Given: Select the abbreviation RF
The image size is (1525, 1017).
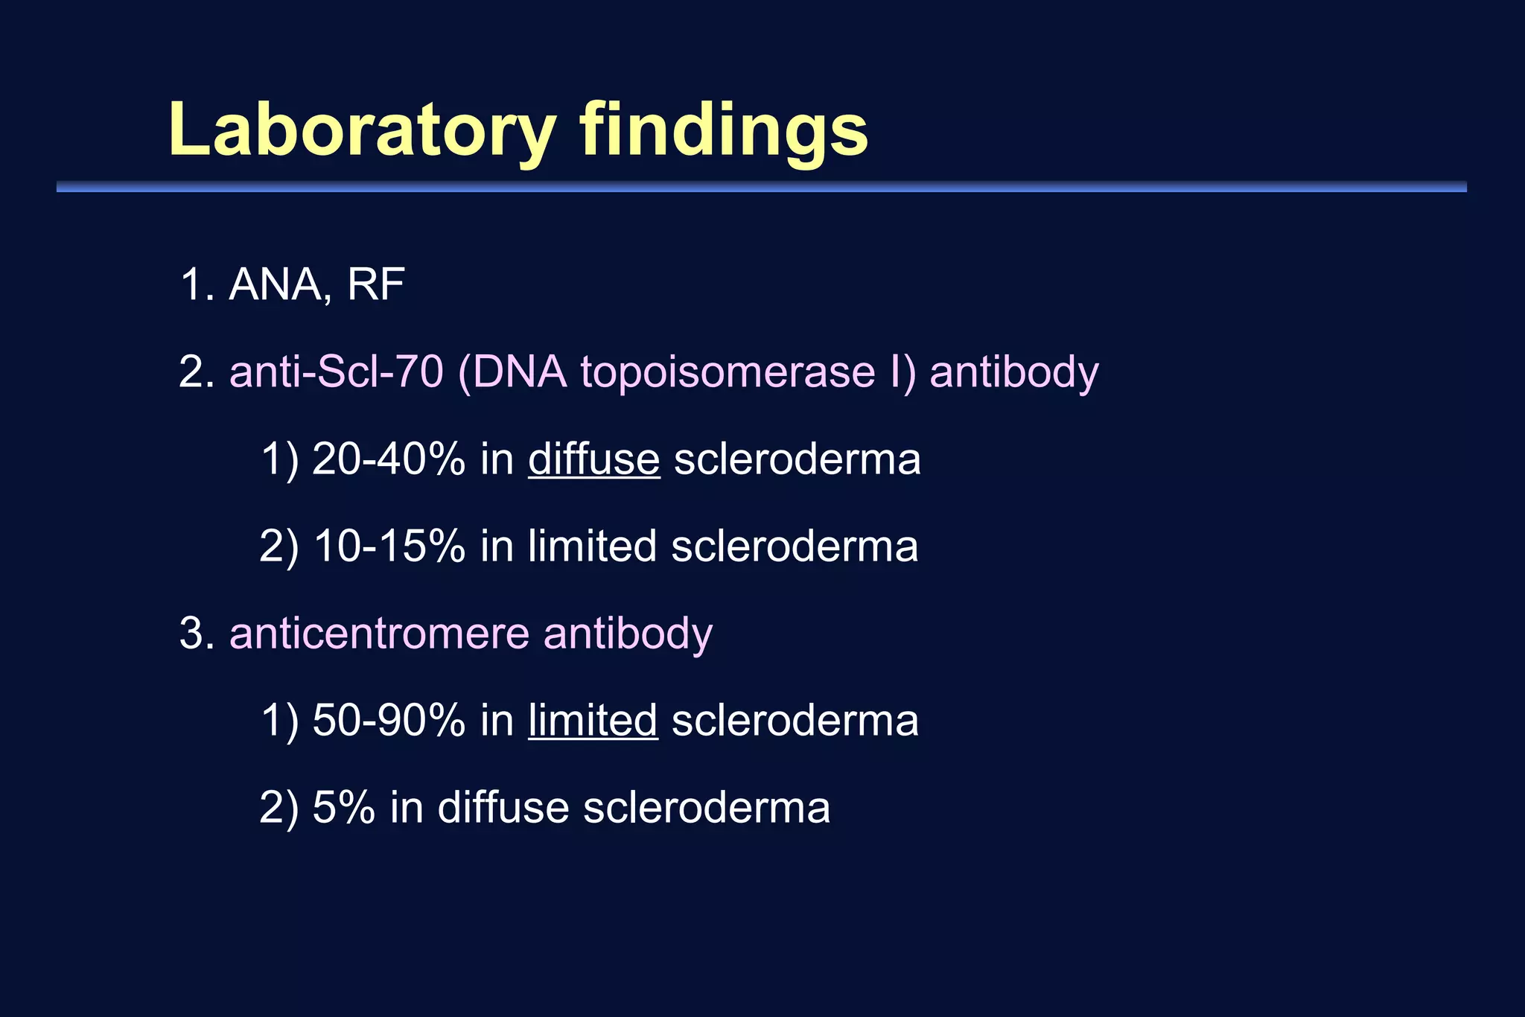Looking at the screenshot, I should [375, 284].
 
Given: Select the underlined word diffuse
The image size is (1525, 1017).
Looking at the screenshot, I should [593, 459].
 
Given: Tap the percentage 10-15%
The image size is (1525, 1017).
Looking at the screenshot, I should [389, 546].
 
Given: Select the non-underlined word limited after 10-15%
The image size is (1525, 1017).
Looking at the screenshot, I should [592, 546].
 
